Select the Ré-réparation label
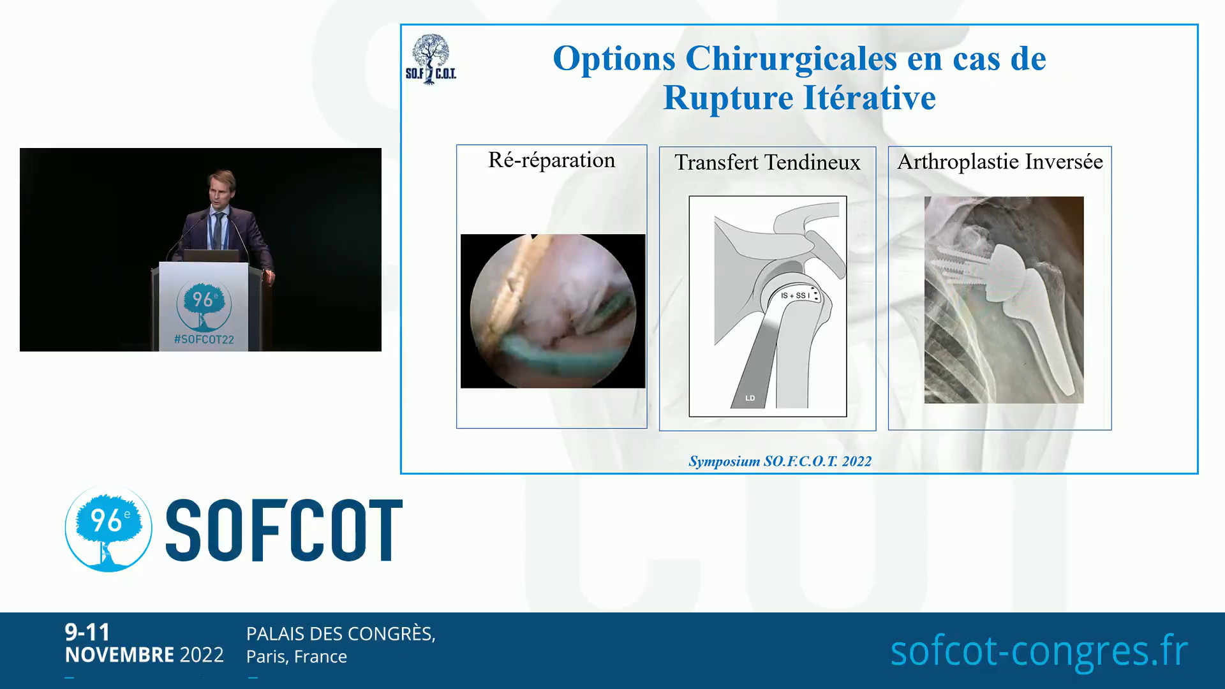(x=552, y=160)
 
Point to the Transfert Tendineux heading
(x=768, y=162)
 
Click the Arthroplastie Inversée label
(x=1000, y=161)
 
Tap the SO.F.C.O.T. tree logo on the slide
(x=431, y=59)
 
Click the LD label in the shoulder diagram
(x=750, y=398)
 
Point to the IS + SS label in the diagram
(x=795, y=295)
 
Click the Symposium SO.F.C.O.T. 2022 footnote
(x=780, y=461)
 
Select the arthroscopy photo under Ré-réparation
(x=553, y=311)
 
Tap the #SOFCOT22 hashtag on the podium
(x=204, y=339)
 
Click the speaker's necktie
(x=218, y=230)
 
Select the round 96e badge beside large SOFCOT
(x=108, y=528)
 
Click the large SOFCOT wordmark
(x=284, y=530)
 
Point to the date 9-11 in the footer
(x=87, y=632)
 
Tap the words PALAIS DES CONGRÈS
(x=341, y=633)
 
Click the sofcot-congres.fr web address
(x=1039, y=651)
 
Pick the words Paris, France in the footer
(x=297, y=656)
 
